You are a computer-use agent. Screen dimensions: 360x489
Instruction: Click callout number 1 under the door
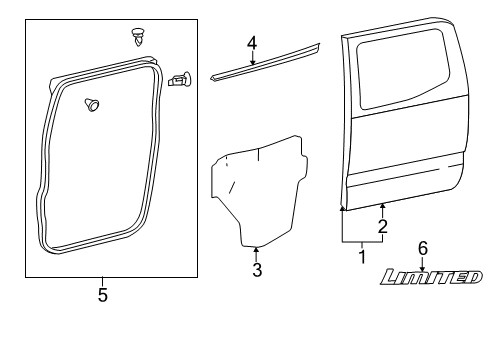(362, 257)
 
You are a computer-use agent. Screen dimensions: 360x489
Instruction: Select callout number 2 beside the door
(381, 228)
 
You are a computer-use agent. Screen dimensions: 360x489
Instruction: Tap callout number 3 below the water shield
(256, 270)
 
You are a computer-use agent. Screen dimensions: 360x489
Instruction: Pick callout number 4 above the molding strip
(252, 43)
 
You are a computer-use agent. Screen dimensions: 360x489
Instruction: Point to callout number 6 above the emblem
(422, 247)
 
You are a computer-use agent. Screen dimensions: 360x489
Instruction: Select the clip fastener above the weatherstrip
(137, 38)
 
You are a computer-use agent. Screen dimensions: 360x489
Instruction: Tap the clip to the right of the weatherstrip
(181, 78)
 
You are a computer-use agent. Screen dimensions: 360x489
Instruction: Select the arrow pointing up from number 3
(256, 253)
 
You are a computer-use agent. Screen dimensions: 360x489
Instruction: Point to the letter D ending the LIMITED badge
(469, 277)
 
